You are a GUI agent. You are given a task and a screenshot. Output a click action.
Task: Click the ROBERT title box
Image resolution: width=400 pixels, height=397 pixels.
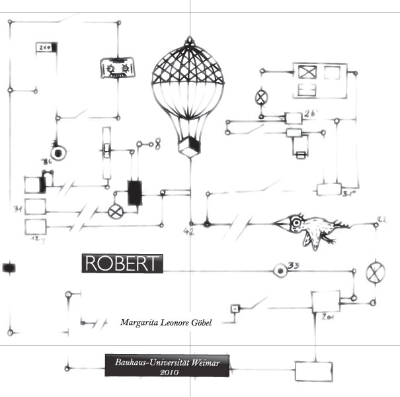pos(122,263)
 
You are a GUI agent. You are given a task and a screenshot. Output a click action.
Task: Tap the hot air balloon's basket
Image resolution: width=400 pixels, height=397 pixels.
pos(190,146)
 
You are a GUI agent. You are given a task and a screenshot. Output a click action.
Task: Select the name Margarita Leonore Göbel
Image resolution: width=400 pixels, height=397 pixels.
pos(165,323)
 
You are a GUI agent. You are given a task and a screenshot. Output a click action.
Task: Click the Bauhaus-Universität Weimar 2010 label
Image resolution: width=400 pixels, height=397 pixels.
pos(167,366)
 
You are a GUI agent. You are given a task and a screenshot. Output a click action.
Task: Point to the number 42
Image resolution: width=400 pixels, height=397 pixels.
pos(189,232)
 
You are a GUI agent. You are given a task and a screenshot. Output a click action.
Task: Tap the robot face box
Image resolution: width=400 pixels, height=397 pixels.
pos(118,67)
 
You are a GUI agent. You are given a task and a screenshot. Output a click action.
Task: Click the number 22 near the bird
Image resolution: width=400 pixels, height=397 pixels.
pos(381,218)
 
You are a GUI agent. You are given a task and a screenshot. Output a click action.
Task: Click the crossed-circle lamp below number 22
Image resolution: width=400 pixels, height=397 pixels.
pos(376,272)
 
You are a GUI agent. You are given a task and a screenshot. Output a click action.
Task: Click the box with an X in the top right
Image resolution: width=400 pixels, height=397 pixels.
pos(308,72)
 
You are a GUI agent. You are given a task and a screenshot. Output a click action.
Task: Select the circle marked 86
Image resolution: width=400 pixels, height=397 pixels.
pos(60,152)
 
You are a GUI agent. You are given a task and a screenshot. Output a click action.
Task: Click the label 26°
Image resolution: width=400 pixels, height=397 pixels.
pos(311,114)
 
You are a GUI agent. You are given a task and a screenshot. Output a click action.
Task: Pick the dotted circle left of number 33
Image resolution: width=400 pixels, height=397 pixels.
pos(280,269)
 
